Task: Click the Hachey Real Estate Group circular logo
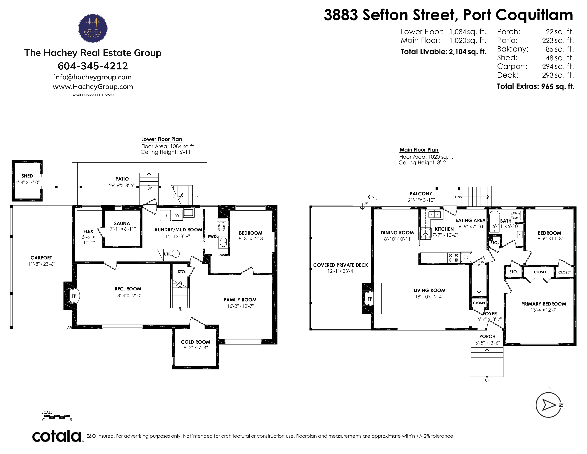pos(93,28)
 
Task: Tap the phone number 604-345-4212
pos(93,66)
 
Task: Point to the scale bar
pos(57,416)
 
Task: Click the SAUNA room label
pos(122,223)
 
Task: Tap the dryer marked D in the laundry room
pos(165,215)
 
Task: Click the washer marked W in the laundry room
pos(177,215)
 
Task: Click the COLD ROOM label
pos(195,342)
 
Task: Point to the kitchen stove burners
pos(454,258)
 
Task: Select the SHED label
pos(27,176)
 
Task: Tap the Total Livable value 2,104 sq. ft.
pos(468,52)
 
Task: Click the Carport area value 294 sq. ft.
pos(558,66)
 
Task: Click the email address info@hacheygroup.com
pos(93,77)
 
